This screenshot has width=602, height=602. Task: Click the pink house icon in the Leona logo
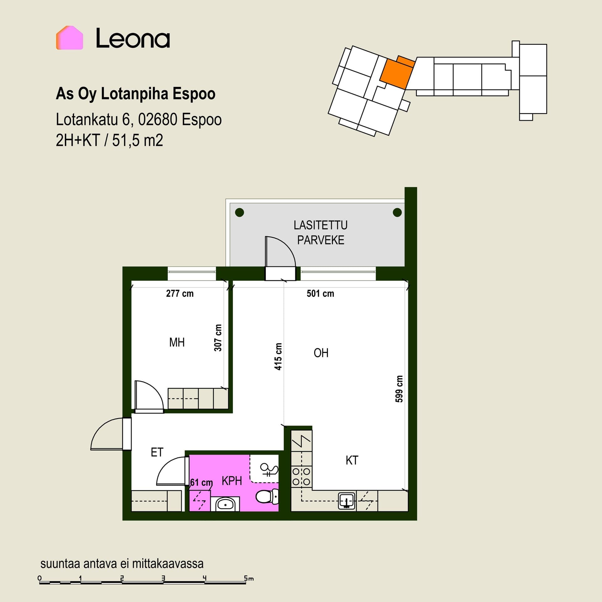pos(69,38)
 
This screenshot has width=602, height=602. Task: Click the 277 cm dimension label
pos(180,293)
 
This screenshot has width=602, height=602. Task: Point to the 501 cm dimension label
pos(320,293)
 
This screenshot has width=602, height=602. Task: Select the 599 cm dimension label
pos(399,389)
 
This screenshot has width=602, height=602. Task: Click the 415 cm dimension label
pos(278,356)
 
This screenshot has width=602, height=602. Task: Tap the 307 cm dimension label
pos(218,338)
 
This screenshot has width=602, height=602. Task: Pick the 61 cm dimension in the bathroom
pos(201,482)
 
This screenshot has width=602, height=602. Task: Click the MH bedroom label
pos(177,342)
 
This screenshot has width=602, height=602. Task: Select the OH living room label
pos(321,353)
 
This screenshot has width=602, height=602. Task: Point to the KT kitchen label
pos(352,461)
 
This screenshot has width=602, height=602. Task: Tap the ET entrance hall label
pos(157,452)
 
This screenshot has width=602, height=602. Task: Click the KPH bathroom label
pos(232,481)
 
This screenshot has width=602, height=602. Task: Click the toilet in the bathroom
pos(267,496)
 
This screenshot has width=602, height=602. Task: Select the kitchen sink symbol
pos(346,501)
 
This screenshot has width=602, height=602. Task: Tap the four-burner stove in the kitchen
pos(301,477)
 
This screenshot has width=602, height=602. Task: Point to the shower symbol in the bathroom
pos(269,470)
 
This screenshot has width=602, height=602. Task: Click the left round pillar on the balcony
pos(240,212)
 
